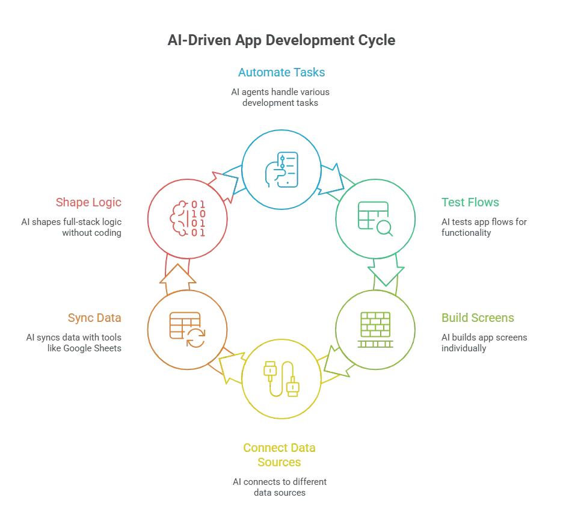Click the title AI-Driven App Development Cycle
point(281,40)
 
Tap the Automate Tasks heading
point(281,73)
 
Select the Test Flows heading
point(470,203)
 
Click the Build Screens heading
point(478,318)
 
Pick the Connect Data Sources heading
point(279,455)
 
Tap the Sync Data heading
point(94,318)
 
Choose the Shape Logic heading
point(88,203)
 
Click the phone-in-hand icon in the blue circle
point(281,170)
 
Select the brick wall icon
point(375,330)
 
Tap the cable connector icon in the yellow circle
point(281,379)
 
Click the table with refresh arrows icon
point(187,330)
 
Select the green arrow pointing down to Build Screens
point(386,272)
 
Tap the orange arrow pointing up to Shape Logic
point(177,279)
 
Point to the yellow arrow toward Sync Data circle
point(232,367)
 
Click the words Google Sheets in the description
point(92,348)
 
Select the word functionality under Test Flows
point(466,233)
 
